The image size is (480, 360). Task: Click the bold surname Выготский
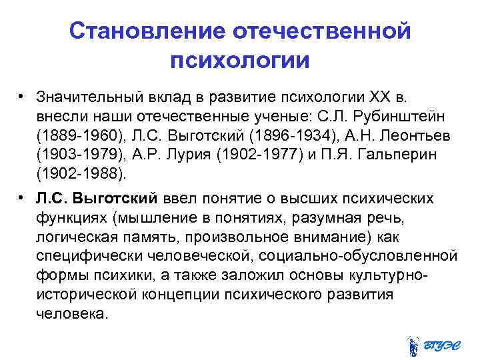click(x=116, y=199)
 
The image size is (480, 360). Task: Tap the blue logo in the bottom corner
click(x=431, y=345)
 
